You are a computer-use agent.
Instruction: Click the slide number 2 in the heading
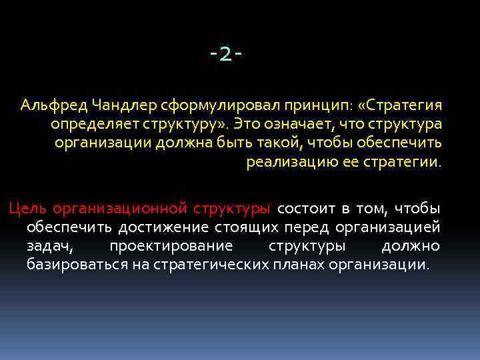pyautogui.click(x=225, y=55)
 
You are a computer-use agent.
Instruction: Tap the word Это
pyautogui.click(x=247, y=124)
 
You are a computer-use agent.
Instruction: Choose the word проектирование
pyautogui.click(x=171, y=246)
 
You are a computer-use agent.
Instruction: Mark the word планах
pyautogui.click(x=299, y=265)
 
